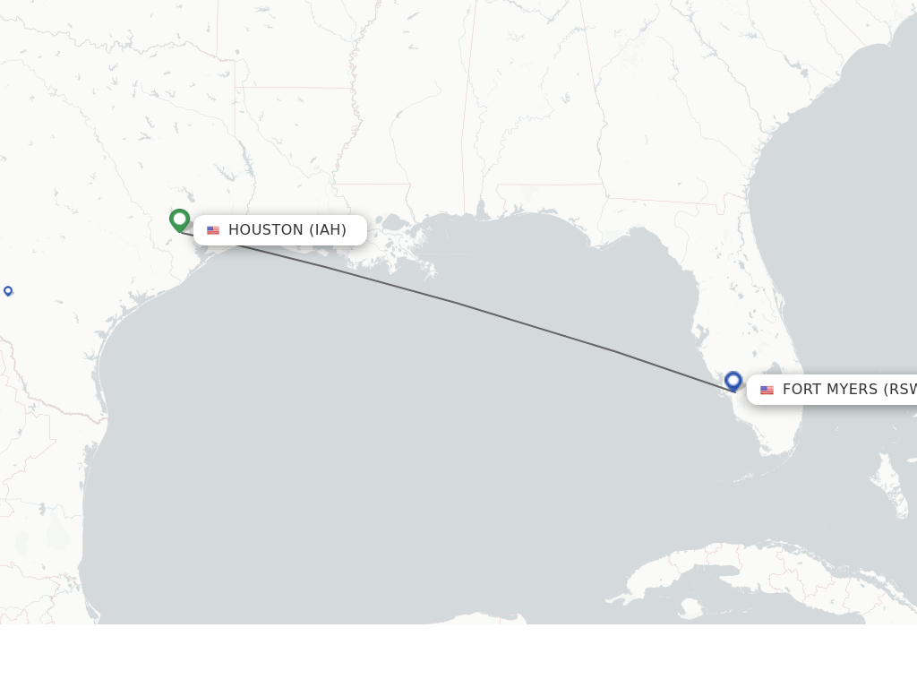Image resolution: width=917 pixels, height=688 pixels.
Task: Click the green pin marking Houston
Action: (x=179, y=219)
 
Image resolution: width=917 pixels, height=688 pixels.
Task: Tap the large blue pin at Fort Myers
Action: (x=733, y=381)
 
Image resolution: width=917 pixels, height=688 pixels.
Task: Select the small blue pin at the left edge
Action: (x=8, y=290)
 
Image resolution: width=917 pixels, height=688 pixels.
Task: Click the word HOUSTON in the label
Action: (x=266, y=230)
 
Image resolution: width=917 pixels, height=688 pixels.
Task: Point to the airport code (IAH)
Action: (x=328, y=230)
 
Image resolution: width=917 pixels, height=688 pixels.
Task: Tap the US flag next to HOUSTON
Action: (x=213, y=230)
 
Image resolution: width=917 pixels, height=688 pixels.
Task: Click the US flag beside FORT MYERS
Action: (x=767, y=390)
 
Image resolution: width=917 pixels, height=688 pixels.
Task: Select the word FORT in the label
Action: (x=803, y=390)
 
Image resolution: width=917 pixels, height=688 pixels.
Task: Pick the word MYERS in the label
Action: (x=853, y=390)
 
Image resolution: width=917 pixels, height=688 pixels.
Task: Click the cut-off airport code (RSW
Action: (x=901, y=390)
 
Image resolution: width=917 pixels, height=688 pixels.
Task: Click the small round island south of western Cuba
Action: (x=690, y=609)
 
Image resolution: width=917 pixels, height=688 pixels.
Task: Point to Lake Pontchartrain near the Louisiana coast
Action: (x=392, y=221)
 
